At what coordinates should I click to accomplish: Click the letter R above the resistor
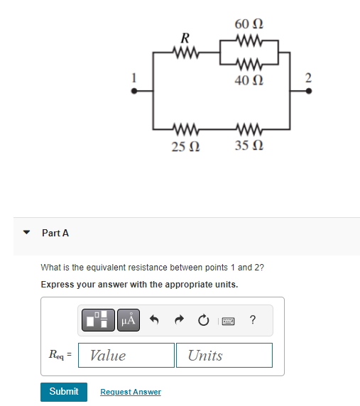[185, 36]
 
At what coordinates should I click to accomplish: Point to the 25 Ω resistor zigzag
[185, 129]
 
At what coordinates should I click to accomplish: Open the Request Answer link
[131, 392]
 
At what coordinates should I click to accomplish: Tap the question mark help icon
[253, 320]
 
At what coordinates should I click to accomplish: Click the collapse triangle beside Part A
[27, 232]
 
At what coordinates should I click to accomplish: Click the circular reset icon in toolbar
[203, 320]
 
